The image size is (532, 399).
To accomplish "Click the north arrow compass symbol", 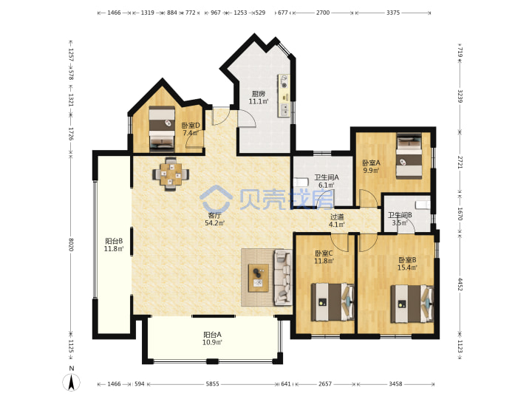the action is pyautogui.click(x=71, y=380).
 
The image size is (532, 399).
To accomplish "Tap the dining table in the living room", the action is pyautogui.click(x=171, y=174).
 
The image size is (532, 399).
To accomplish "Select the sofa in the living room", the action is pyautogui.click(x=283, y=277).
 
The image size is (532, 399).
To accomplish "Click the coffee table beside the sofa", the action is pyautogui.click(x=259, y=278).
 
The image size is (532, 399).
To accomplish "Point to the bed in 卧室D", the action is pyautogui.click(x=162, y=129).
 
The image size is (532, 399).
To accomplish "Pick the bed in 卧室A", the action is pyautogui.click(x=409, y=156).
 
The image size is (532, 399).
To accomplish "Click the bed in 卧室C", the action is pyautogui.click(x=332, y=302).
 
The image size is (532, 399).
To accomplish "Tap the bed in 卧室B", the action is pyautogui.click(x=412, y=304).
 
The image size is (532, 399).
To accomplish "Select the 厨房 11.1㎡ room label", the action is pyautogui.click(x=259, y=98).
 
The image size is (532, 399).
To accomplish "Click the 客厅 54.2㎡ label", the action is pyautogui.click(x=214, y=219).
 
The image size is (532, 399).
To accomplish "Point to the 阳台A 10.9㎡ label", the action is pyautogui.click(x=212, y=338).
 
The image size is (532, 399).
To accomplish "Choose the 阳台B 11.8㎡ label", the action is pyautogui.click(x=114, y=245).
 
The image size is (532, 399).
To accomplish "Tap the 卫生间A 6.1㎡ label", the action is pyautogui.click(x=327, y=181).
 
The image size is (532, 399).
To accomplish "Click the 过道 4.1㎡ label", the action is pyautogui.click(x=337, y=220).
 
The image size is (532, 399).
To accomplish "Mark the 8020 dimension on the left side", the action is pyautogui.click(x=71, y=245).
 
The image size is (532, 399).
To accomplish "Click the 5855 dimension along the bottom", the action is pyautogui.click(x=212, y=383).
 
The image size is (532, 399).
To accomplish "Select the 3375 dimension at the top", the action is pyautogui.click(x=393, y=13).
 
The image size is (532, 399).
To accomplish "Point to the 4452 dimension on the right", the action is pyautogui.click(x=460, y=284).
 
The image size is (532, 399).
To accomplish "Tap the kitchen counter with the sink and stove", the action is pyautogui.click(x=284, y=95).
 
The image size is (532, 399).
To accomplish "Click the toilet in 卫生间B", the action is pyautogui.click(x=423, y=205).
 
